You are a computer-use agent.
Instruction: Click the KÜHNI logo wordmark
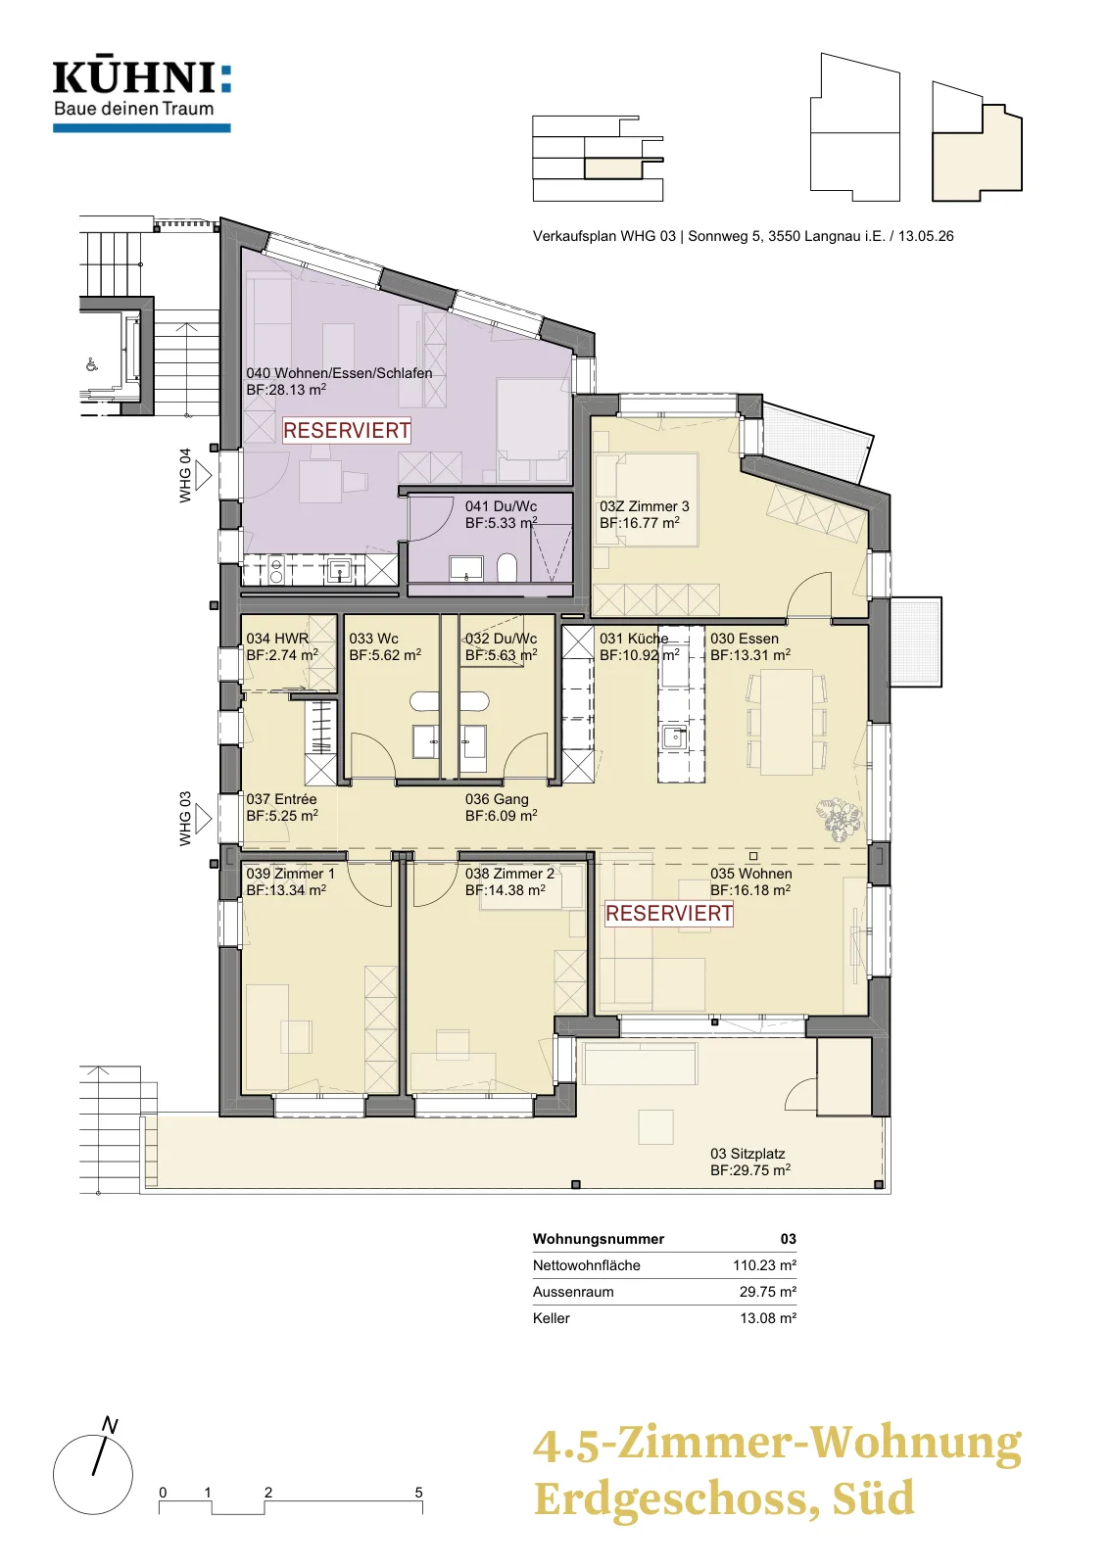click(x=142, y=78)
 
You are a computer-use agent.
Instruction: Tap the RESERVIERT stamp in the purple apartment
click(x=347, y=430)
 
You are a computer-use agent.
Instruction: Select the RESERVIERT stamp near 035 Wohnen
click(x=669, y=913)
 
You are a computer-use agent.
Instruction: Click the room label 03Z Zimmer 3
click(x=644, y=505)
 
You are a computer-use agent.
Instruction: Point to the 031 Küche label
click(x=633, y=638)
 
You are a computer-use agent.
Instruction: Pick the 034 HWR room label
click(x=277, y=638)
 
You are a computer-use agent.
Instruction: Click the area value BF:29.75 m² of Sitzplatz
click(x=750, y=1169)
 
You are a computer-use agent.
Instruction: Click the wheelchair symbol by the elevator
click(x=92, y=364)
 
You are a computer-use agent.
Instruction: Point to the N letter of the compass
click(x=110, y=1425)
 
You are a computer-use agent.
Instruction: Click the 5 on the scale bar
click(x=418, y=1493)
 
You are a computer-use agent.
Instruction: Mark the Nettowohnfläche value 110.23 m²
click(x=764, y=1264)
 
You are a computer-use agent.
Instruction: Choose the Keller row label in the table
click(x=552, y=1318)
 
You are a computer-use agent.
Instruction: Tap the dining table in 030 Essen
click(x=787, y=722)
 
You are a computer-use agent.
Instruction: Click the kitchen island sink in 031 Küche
click(x=674, y=736)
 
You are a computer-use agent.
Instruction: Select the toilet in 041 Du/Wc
click(x=506, y=567)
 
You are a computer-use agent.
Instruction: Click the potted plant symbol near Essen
click(x=839, y=819)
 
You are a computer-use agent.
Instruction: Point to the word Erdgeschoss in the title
click(x=677, y=1499)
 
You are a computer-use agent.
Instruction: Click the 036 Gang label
click(x=497, y=799)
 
